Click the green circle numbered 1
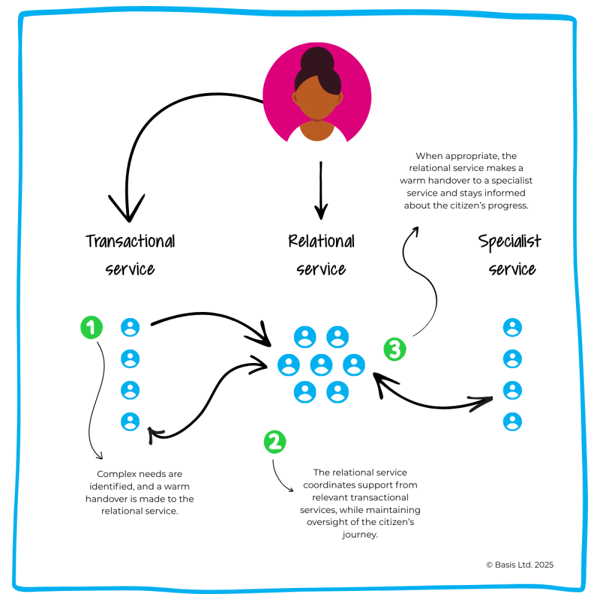click(91, 328)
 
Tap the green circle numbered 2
click(275, 442)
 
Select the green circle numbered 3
click(394, 349)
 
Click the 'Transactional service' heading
click(130, 254)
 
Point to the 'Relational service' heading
click(321, 254)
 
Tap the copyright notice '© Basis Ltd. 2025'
click(520, 565)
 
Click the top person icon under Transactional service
click(130, 328)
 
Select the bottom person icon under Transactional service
click(130, 421)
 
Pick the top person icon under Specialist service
click(512, 328)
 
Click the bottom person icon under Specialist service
click(512, 422)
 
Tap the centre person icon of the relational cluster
click(321, 365)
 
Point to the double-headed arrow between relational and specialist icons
click(438, 403)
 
